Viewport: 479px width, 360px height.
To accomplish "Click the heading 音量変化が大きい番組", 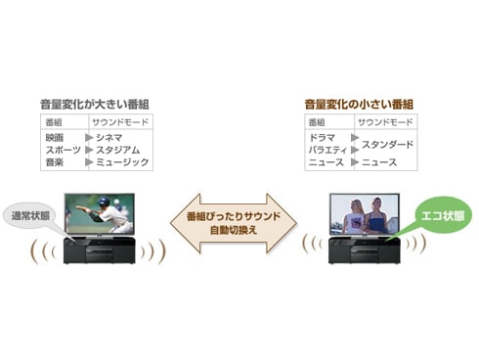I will click(x=95, y=103).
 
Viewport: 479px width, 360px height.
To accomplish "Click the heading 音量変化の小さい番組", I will click(x=359, y=103).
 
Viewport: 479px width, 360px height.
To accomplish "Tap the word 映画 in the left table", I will click(x=54, y=138).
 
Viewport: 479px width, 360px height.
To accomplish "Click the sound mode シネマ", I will click(x=109, y=138).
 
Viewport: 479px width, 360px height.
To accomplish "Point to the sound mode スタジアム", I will click(x=119, y=150).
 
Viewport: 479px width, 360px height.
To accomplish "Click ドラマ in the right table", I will click(x=322, y=138).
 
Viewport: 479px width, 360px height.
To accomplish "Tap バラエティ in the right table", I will click(x=328, y=150).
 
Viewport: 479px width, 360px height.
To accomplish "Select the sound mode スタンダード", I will click(x=388, y=145).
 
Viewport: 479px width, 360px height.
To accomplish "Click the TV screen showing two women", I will click(x=369, y=213).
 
